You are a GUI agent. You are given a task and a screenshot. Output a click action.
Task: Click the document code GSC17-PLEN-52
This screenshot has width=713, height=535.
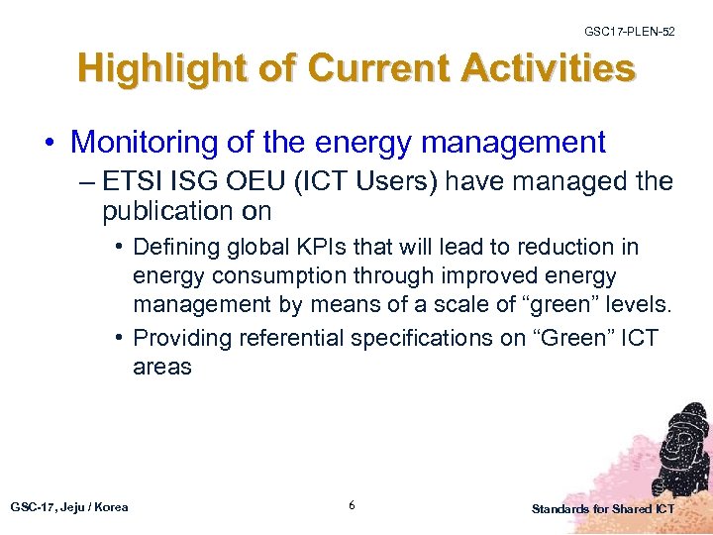pyautogui.click(x=629, y=32)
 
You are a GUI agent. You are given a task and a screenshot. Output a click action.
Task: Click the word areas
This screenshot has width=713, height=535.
pyautogui.click(x=162, y=368)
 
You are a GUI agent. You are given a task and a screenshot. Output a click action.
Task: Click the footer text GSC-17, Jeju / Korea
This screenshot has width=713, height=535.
pyautogui.click(x=69, y=507)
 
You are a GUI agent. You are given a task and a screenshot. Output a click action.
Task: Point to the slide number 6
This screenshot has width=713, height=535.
pyautogui.click(x=352, y=506)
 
